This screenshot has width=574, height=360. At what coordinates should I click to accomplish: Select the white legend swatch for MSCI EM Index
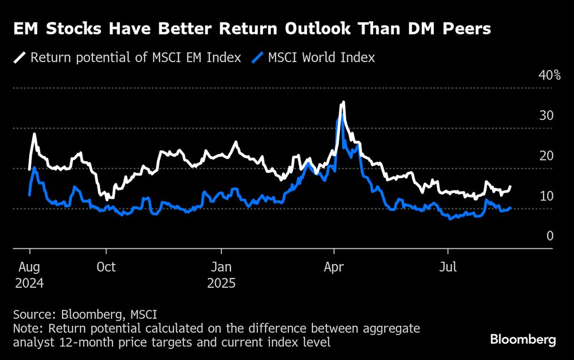coord(20,57)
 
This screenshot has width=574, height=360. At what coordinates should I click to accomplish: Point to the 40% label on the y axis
coord(549,75)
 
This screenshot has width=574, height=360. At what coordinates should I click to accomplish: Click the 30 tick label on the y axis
coord(546,115)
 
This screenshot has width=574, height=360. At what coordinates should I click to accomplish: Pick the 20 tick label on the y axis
coord(546,156)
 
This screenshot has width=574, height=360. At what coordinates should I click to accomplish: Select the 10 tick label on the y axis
coord(546,196)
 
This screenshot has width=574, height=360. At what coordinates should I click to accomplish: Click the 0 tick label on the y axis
coord(549,236)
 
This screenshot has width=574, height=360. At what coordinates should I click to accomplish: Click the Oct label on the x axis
coord(106,267)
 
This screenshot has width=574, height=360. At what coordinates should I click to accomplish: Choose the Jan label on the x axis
coord(222,267)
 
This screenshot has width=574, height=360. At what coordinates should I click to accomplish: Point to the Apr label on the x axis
coord(333,267)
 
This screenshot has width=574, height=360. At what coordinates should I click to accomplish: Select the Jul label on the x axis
coord(448,267)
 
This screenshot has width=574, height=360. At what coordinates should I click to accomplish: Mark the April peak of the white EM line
coord(343,103)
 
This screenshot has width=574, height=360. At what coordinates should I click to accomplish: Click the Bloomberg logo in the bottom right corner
coord(523,339)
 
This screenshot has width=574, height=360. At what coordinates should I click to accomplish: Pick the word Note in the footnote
coord(26,329)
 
